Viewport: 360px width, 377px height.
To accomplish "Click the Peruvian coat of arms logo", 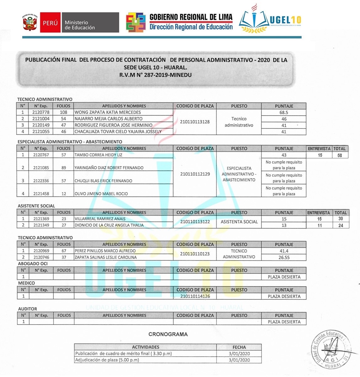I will [x=30, y=22].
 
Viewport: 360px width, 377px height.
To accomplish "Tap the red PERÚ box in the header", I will [x=50, y=23].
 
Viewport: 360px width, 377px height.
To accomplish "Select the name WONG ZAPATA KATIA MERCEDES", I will [x=108, y=112].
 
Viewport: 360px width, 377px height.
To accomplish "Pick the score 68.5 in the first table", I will [x=284, y=112].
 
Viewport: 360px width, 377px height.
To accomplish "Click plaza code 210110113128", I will [x=195, y=122].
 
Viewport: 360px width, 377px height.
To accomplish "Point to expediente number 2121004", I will [x=41, y=119].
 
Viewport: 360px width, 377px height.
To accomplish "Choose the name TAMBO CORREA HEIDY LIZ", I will [x=98, y=155].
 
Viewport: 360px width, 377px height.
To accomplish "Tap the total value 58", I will [x=340, y=155].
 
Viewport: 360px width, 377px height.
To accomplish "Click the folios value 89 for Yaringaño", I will [x=64, y=168].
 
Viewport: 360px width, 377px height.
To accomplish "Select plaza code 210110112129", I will [x=195, y=174].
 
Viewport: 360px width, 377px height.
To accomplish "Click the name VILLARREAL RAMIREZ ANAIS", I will [x=100, y=219].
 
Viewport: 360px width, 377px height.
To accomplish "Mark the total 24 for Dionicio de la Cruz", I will [x=341, y=226].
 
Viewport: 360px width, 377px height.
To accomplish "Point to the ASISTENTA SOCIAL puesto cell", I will [x=239, y=222].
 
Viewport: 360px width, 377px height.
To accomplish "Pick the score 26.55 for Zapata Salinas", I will [x=284, y=257].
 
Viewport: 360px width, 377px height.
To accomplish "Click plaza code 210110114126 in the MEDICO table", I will [x=195, y=296].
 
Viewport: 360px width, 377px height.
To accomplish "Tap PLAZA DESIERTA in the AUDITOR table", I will [x=284, y=322].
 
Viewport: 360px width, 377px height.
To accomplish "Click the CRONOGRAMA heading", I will [x=168, y=334].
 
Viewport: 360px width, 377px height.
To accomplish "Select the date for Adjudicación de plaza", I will [x=239, y=360].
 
